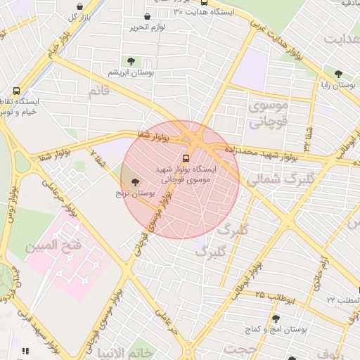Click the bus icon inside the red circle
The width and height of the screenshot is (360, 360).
point(186,157)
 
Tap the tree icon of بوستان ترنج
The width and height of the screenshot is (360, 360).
point(135,181)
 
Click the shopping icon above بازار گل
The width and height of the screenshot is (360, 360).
point(79,6)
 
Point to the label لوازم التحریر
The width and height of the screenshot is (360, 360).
point(146,27)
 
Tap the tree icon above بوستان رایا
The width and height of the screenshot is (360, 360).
point(338,74)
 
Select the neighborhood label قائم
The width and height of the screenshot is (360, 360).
point(100,91)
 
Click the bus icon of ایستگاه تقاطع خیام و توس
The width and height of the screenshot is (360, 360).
point(17,91)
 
